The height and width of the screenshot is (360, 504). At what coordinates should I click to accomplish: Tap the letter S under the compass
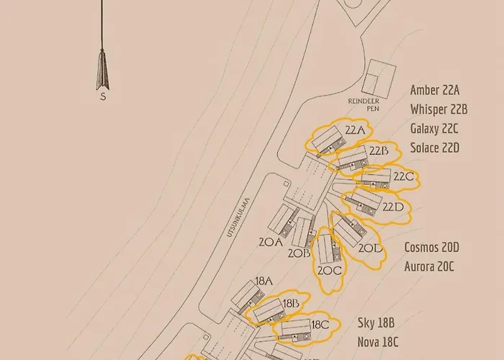(x=102, y=96)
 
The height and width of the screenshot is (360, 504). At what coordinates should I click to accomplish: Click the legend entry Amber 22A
(x=434, y=91)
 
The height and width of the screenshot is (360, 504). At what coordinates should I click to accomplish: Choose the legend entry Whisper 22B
(x=439, y=109)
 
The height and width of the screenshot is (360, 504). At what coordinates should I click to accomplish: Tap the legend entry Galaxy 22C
(x=434, y=129)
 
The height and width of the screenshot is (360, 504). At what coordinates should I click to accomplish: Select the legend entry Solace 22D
(x=435, y=148)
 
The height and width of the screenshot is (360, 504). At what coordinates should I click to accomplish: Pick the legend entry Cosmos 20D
(x=431, y=247)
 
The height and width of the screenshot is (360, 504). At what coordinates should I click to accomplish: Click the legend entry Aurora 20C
(x=429, y=266)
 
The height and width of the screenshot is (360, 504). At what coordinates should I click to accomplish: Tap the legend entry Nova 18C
(x=378, y=343)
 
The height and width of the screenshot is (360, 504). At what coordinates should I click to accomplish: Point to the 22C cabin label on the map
(x=403, y=176)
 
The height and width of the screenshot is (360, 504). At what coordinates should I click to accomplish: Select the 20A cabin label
(x=270, y=243)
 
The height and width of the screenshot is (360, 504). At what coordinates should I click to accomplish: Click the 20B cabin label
(x=299, y=253)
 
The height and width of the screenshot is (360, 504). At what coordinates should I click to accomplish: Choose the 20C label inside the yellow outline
(x=329, y=271)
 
